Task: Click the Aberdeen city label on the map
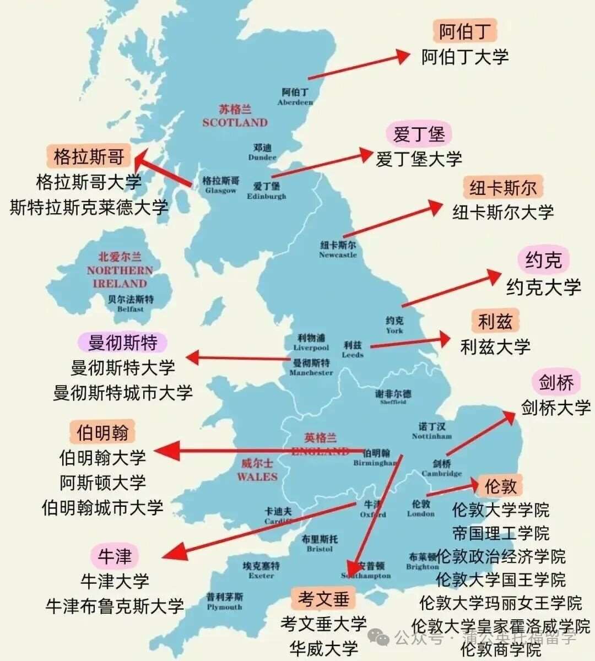tap(295, 96)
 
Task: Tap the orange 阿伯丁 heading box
tap(464, 31)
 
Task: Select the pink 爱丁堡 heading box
tap(419, 134)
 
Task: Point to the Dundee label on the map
tap(262, 152)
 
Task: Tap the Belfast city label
tap(131, 304)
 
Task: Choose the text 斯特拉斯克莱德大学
tap(89, 207)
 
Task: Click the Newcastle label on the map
tap(338, 250)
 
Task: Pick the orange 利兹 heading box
tap(495, 321)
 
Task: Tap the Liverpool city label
tap(311, 342)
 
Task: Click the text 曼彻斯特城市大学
tap(123, 393)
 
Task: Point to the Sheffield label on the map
tap(393, 397)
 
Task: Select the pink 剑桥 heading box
tap(556, 382)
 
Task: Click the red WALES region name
tap(257, 470)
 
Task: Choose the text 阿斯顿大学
tap(102, 483)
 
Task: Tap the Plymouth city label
tap(224, 602)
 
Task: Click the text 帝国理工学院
tap(501, 533)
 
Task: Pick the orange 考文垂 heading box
tap(324, 598)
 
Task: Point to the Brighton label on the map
tap(423, 561)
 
